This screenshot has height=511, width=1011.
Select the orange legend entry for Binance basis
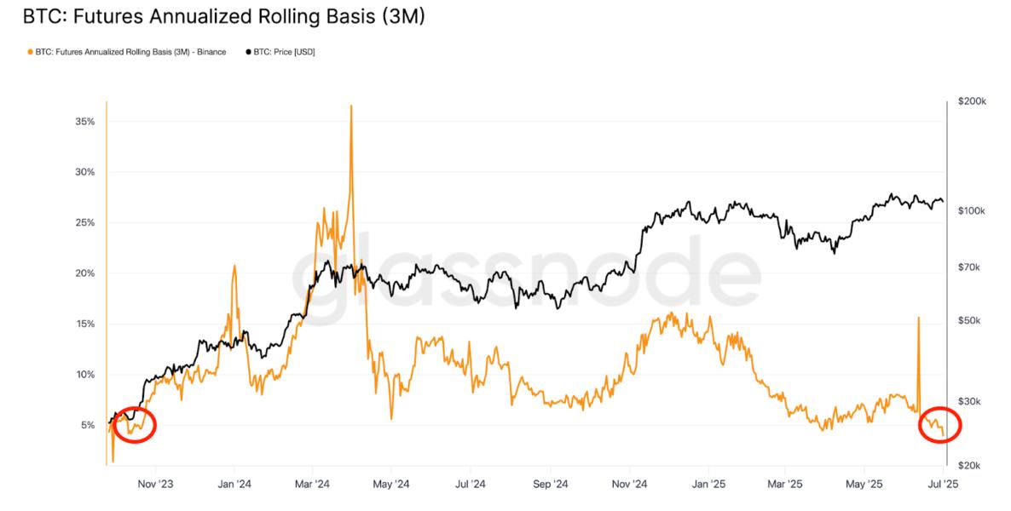[128, 52]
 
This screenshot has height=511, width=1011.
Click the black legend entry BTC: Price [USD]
[280, 52]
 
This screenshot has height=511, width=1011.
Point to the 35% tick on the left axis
[84, 122]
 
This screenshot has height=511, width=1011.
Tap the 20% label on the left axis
[84, 273]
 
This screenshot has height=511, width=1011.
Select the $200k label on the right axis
[971, 101]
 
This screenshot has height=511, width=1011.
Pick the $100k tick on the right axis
[971, 210]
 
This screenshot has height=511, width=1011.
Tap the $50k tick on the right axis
[968, 321]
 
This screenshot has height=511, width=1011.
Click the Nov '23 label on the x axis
[155, 485]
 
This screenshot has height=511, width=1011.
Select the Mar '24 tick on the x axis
[312, 485]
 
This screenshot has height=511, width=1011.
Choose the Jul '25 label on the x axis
[943, 485]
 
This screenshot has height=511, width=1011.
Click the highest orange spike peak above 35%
[350, 106]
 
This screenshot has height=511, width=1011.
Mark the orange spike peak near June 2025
[918, 318]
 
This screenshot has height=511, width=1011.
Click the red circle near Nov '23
[134, 423]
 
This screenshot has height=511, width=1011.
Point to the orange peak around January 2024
[234, 266]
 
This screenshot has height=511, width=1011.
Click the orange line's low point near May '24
[391, 418]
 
